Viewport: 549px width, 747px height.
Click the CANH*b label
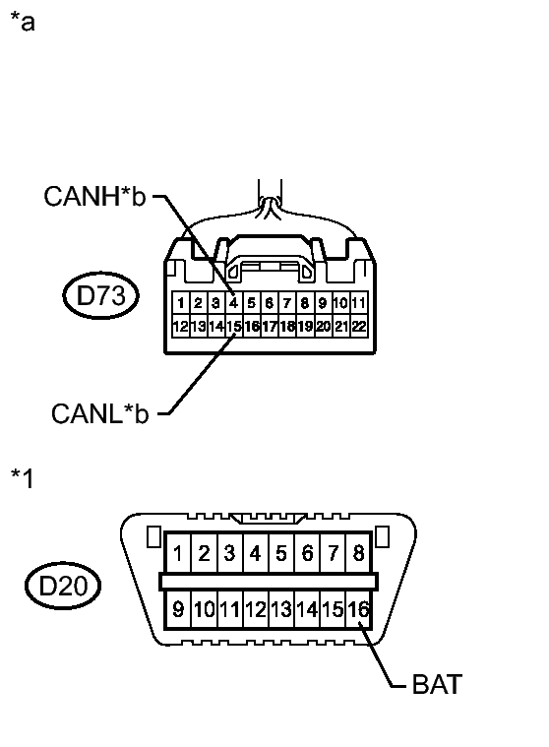94,197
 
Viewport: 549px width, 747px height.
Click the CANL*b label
99,413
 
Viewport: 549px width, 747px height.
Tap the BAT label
435,685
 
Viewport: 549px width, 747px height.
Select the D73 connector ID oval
100,296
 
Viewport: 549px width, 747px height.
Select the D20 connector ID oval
64,587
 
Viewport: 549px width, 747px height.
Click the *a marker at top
23,22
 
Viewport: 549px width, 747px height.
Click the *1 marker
23,477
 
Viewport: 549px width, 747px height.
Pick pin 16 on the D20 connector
359,610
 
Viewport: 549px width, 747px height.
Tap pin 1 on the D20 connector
178,553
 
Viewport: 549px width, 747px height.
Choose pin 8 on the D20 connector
358,553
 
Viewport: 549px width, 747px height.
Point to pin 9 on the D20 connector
178,610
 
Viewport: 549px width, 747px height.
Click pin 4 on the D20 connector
255,553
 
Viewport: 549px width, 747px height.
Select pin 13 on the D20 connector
281,610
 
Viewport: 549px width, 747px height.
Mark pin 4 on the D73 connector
233,303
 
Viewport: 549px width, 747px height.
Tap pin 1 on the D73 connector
180,303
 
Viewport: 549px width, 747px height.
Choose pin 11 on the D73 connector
359,303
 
